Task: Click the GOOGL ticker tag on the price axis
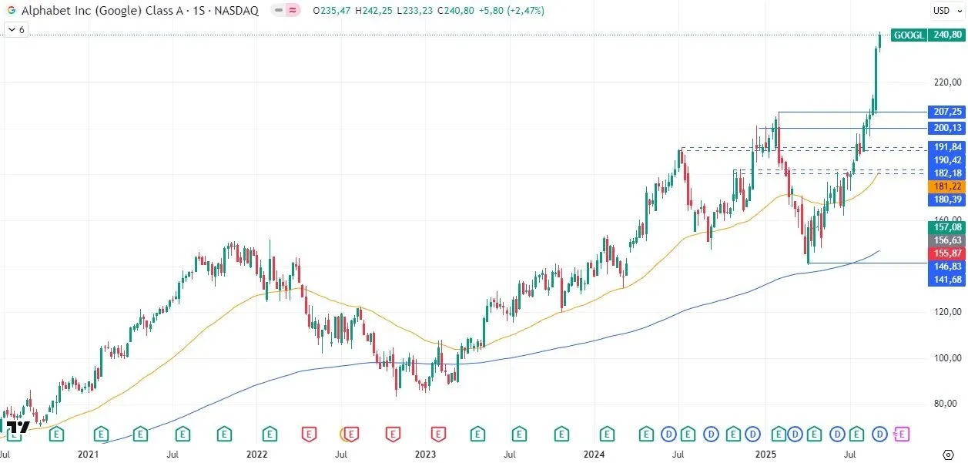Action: (908, 35)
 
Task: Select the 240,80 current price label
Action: (946, 35)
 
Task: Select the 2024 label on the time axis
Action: (594, 455)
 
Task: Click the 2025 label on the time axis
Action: (765, 455)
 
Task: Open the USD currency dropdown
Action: (944, 11)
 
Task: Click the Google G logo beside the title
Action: (12, 11)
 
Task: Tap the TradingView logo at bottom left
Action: (18, 427)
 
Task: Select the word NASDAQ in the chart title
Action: (237, 11)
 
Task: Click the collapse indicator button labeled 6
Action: (16, 29)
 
